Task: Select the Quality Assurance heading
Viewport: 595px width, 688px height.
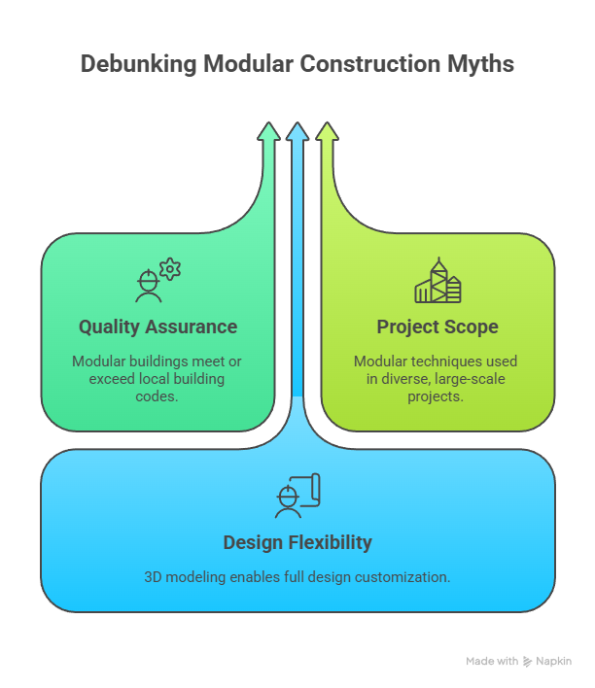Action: coord(157,327)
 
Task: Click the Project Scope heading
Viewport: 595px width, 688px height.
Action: coord(437,327)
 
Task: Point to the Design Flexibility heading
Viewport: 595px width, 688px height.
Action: coord(297,542)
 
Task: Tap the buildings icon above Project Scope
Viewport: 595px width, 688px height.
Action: coord(437,281)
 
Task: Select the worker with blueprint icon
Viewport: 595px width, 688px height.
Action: coord(297,497)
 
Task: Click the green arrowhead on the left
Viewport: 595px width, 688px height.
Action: coord(269,134)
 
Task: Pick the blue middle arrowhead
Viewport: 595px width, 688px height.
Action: coord(297,134)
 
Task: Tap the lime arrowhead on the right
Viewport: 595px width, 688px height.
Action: coord(327,134)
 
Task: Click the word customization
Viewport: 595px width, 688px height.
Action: coord(401,576)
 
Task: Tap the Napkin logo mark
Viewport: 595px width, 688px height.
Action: coord(528,661)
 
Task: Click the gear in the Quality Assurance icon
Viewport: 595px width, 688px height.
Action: coord(170,269)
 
